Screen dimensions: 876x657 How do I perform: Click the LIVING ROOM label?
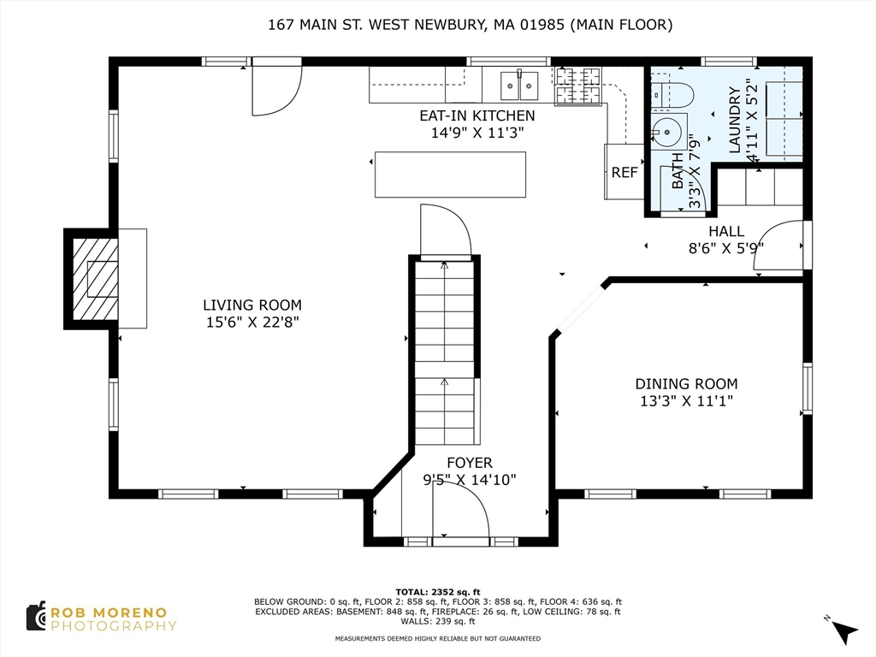(252, 305)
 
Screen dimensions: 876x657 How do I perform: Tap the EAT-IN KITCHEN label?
(477, 115)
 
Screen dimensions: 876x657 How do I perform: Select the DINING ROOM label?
(686, 384)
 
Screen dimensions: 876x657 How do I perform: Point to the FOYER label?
(470, 463)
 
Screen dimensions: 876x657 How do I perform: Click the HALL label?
(726, 231)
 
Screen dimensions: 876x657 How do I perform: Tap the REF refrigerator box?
(624, 171)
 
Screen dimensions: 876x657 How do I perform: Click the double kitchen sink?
(519, 86)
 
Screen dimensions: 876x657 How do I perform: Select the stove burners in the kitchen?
(578, 86)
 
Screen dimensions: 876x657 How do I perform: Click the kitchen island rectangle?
(450, 175)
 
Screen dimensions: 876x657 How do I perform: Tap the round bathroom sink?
(667, 132)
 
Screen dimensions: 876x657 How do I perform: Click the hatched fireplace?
(96, 279)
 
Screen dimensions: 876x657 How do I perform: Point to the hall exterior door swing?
(778, 246)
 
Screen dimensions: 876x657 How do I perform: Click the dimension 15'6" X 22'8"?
(252, 322)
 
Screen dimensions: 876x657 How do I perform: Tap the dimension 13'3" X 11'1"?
(686, 400)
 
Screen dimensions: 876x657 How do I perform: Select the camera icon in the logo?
(36, 617)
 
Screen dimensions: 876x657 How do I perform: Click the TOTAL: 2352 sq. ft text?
(437, 592)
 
